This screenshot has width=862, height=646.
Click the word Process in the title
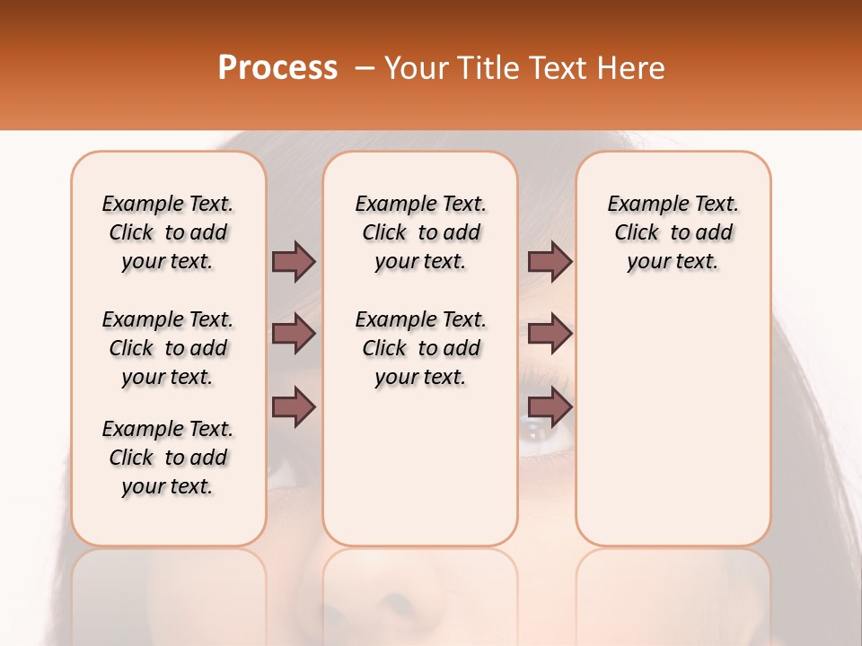pos(277,67)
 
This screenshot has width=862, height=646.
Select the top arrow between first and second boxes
pos(294,261)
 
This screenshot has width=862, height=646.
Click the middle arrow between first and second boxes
pos(294,334)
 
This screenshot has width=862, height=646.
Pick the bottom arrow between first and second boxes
pos(294,407)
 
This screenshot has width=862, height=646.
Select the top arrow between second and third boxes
pos(550,261)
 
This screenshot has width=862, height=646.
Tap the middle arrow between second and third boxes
pos(550,334)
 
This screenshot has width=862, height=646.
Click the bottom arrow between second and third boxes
pos(550,407)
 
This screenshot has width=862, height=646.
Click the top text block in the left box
pos(168,232)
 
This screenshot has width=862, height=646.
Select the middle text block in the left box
pos(168,348)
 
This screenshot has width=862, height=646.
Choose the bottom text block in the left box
pos(168,458)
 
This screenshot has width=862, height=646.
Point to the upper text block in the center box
pos(420,232)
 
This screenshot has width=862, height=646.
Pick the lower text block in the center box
pos(420,348)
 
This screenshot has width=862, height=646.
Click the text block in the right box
pos(673,232)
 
